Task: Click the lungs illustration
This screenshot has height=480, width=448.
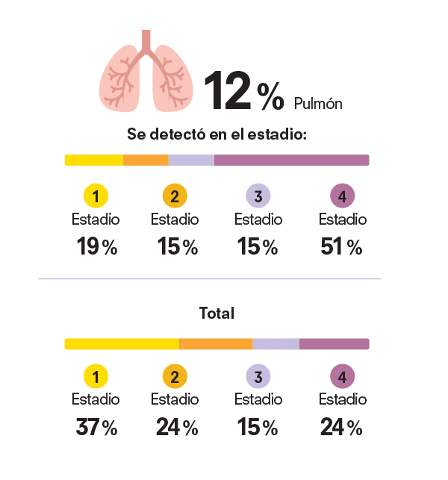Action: tap(146, 72)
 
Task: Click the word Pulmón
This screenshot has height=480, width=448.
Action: tap(318, 104)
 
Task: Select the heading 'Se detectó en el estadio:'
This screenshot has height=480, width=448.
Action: tap(217, 136)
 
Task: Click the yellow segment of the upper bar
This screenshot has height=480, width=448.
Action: tap(94, 160)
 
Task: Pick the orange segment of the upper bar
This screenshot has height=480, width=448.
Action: tap(146, 160)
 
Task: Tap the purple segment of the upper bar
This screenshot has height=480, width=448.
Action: tap(291, 160)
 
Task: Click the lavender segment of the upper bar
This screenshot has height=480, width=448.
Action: tap(191, 160)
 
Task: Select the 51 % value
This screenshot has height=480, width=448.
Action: tap(342, 247)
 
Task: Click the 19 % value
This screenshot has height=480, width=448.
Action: tap(96, 247)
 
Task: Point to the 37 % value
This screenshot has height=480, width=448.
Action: tap(96, 428)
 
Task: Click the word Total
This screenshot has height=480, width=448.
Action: tap(217, 314)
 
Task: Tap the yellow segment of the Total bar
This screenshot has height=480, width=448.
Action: tap(122, 344)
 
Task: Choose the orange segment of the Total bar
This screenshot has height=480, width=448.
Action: tap(216, 344)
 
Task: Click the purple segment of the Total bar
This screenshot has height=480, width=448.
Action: tap(334, 344)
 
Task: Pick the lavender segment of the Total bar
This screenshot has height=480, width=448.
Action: tap(276, 344)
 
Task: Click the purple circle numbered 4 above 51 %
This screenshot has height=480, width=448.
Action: tap(342, 197)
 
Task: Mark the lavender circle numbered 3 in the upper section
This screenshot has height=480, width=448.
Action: tap(258, 197)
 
